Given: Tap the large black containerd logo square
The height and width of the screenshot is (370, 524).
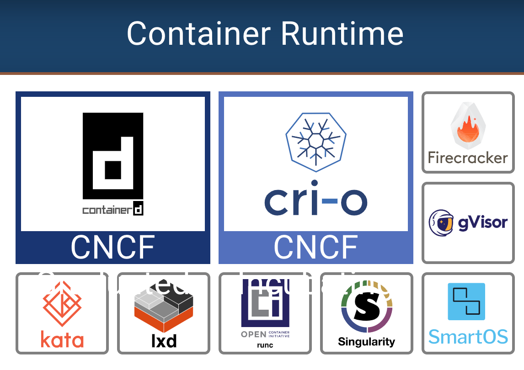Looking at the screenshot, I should [113, 155].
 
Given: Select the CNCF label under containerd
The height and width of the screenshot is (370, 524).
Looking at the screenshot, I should [113, 247].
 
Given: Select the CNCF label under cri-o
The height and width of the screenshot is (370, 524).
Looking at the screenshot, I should [316, 247].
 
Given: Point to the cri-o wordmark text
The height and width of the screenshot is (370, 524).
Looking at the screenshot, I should [316, 202].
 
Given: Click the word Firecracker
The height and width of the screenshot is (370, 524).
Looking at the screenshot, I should [468, 158].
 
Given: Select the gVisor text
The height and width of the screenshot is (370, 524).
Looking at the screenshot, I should [482, 223].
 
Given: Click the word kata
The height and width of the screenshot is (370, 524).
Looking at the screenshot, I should [62, 340].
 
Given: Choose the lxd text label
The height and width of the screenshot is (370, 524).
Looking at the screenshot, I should [164, 341].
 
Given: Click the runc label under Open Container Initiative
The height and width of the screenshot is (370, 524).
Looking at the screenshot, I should [265, 345].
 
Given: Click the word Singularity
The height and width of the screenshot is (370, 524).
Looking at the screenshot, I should [367, 342].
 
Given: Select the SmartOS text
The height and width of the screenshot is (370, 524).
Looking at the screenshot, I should [468, 337].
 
